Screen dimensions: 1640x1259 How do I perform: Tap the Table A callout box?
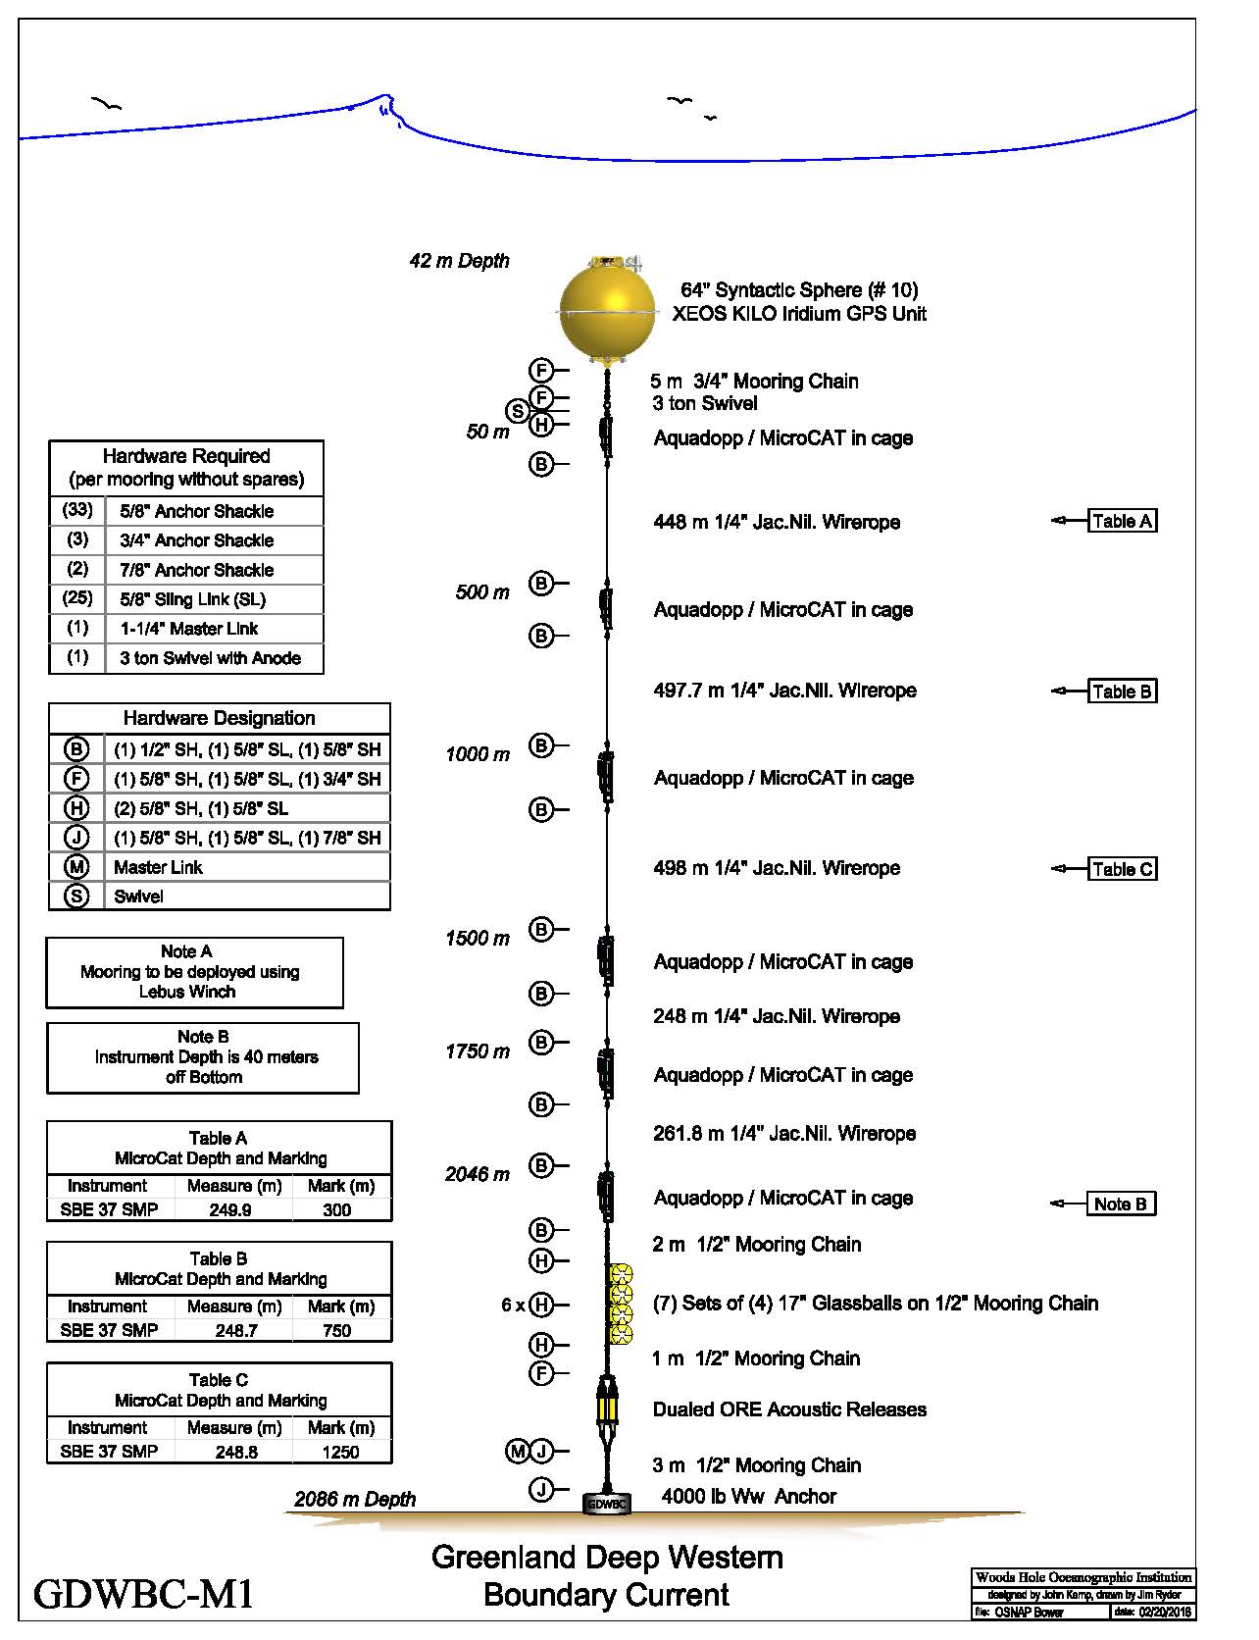[x=1123, y=521]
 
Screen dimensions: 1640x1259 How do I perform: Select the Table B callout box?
[x=1123, y=692]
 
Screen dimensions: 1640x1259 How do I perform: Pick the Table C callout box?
[x=1123, y=869]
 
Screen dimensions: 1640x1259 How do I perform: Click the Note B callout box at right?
[x=1121, y=1204]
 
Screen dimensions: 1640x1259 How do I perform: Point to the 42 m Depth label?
[x=459, y=261]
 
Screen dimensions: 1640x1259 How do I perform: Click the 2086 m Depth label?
[x=355, y=1499]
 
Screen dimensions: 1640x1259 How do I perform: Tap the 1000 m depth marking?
[x=478, y=754]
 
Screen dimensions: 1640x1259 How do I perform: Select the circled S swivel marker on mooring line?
[x=517, y=412]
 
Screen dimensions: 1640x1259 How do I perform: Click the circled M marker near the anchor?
[x=517, y=1451]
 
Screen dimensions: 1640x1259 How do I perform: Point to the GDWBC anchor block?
[x=607, y=1503]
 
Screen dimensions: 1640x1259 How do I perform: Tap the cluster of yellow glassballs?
[x=620, y=1305]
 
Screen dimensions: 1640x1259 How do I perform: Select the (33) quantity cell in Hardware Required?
[x=77, y=510]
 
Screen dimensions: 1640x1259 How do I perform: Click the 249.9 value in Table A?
[x=229, y=1209]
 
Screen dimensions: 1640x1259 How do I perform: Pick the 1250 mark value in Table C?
[x=340, y=1452]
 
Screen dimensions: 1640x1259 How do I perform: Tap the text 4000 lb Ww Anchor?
[x=748, y=1497]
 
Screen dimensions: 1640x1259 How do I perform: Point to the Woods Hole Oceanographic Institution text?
[x=1083, y=1577]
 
